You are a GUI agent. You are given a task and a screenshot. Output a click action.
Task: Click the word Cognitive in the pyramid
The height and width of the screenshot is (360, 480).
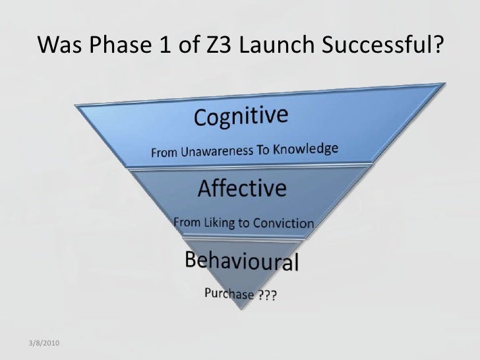click(240, 119)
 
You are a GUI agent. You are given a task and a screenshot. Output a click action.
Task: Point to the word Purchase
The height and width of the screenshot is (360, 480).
click(228, 293)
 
